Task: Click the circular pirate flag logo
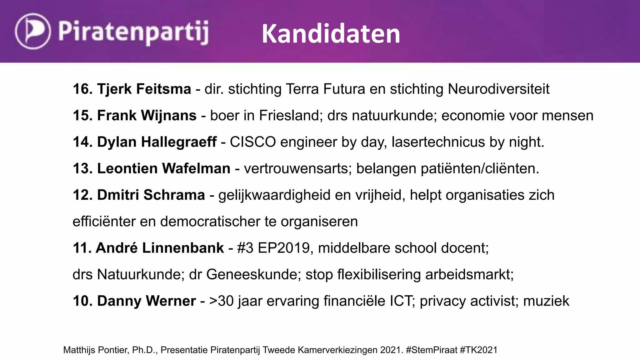[32, 31]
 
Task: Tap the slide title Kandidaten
[331, 34]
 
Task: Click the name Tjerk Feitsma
[144, 89]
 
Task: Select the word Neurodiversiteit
[498, 89]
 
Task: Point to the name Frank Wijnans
[147, 116]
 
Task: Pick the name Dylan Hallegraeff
[157, 142]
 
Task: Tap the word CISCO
[253, 142]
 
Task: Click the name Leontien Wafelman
[163, 169]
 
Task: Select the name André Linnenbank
[160, 248]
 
